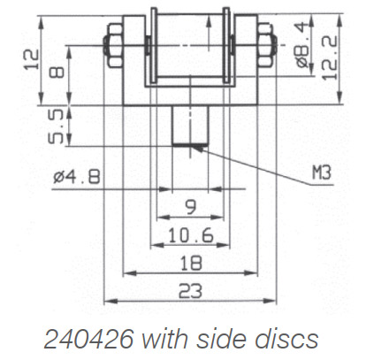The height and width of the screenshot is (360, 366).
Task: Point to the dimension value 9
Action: click(x=190, y=210)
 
